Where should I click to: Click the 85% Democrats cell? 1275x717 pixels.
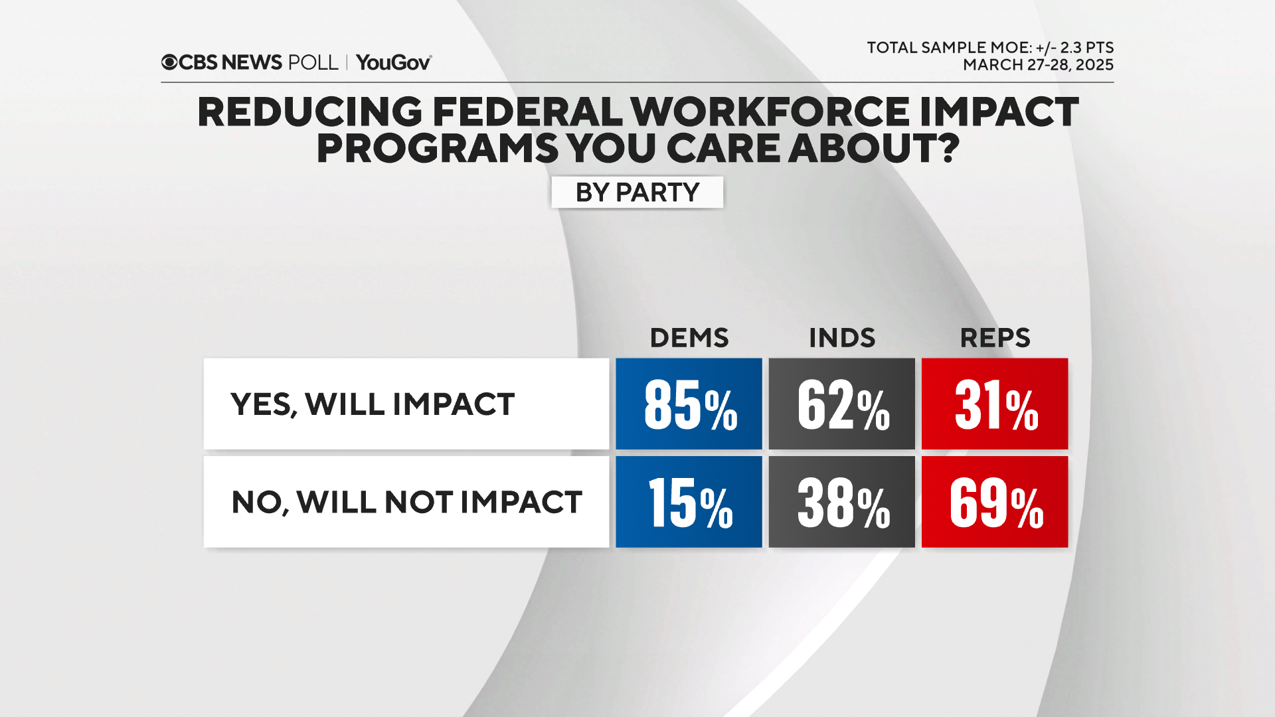689,404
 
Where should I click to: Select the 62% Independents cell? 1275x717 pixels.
841,404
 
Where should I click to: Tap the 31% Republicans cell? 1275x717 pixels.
995,404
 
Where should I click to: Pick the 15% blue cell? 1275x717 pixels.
689,502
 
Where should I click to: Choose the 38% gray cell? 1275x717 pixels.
841,502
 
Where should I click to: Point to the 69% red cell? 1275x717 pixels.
995,502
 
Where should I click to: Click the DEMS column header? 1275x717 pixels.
689,338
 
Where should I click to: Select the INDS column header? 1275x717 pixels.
841,338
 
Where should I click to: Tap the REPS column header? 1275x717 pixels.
995,338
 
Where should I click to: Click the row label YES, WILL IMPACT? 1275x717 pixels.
373,404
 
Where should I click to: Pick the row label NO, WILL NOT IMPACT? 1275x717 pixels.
406,502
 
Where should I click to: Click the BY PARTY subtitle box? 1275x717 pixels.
637,193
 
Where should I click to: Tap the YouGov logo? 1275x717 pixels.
394,62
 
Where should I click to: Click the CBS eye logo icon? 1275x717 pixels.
169,62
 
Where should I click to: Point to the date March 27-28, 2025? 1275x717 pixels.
1038,65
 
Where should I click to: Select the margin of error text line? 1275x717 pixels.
989,48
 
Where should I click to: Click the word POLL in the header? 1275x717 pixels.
313,62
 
